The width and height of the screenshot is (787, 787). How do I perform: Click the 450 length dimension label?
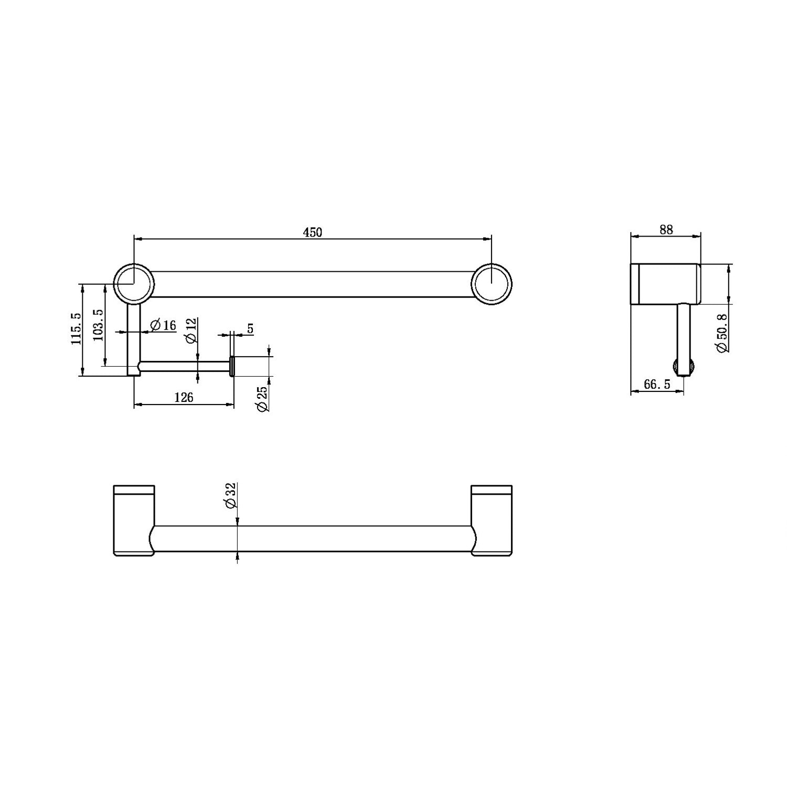click(x=312, y=232)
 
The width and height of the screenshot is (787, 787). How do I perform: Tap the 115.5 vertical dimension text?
click(x=77, y=328)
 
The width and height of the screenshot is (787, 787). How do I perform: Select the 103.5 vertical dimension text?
click(x=98, y=325)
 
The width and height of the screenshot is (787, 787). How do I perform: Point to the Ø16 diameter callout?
click(x=163, y=325)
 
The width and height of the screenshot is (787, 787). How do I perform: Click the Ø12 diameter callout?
click(x=192, y=331)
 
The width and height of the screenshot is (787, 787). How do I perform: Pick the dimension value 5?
click(x=250, y=328)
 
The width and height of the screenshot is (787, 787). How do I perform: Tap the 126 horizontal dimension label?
click(x=184, y=397)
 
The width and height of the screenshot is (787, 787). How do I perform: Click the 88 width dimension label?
click(x=666, y=230)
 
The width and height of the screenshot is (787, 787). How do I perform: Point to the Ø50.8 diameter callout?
click(x=722, y=333)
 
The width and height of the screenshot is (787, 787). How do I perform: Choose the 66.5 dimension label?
click(x=657, y=385)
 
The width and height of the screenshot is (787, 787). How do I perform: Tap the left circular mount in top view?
click(x=134, y=284)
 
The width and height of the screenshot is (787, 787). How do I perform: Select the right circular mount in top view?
click(x=492, y=284)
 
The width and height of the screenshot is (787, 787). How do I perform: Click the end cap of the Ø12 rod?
click(x=231, y=366)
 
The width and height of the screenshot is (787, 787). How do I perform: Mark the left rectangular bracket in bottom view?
click(x=134, y=519)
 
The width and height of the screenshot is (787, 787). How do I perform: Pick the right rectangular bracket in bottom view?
click(x=492, y=519)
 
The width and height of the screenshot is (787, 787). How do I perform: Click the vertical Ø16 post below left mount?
click(x=134, y=338)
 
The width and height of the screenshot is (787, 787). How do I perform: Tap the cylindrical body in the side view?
click(x=665, y=284)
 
